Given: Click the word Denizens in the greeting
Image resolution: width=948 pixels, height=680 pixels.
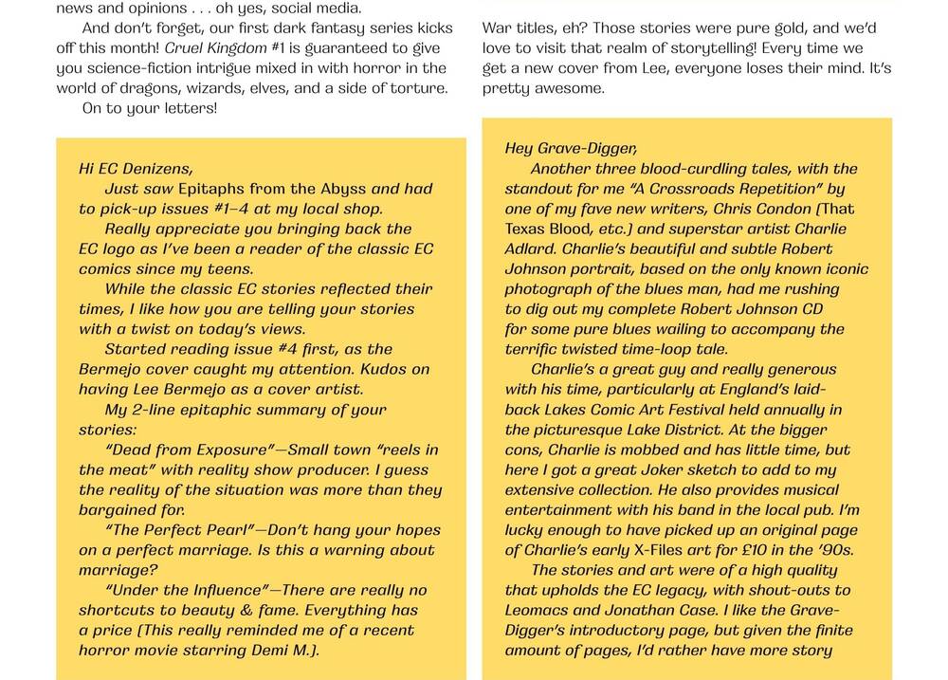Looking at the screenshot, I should point(152,169).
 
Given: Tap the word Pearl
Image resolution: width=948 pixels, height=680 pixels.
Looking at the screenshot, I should point(221,530).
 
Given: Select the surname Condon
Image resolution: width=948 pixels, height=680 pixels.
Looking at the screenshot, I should point(776,209).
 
